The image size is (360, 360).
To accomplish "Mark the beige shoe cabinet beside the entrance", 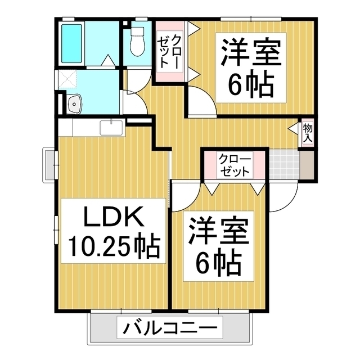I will [307, 164].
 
